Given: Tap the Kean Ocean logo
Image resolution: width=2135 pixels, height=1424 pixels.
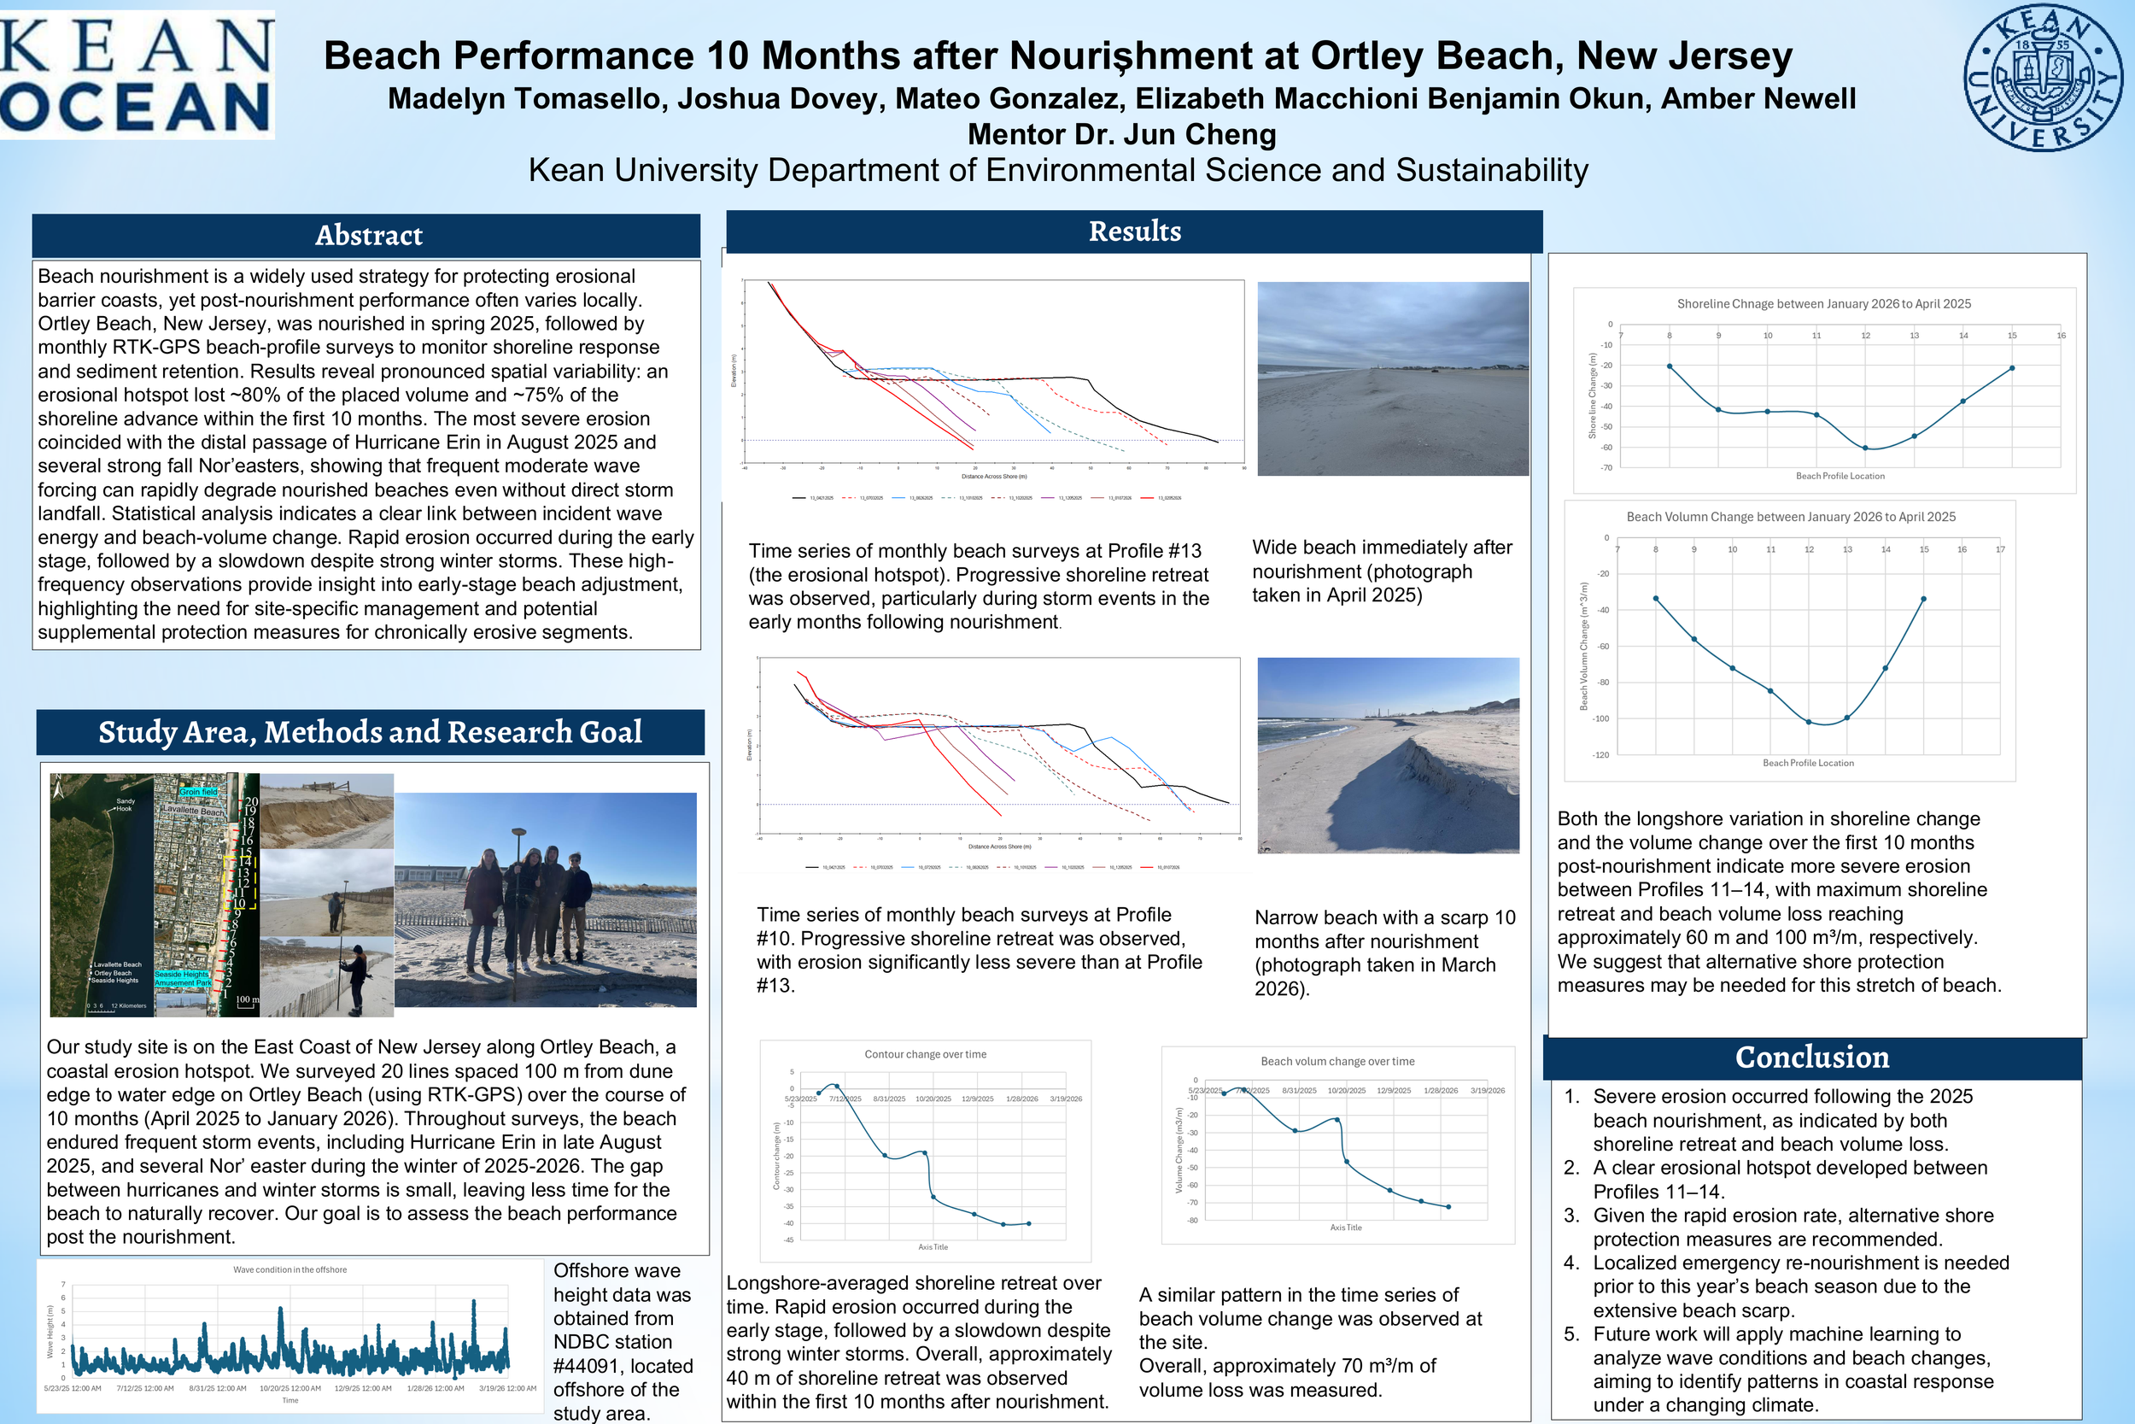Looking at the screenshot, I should (x=136, y=74).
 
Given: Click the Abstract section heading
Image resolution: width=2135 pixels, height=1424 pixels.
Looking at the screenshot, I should (x=369, y=235).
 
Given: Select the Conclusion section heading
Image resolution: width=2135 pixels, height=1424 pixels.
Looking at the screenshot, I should (x=1812, y=1057).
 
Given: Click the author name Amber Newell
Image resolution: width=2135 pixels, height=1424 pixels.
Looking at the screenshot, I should (x=1758, y=98).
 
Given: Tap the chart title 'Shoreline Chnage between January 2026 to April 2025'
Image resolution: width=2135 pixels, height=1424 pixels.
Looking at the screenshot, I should (x=1823, y=303).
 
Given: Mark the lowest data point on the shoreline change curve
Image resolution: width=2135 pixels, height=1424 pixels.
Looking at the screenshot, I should (x=1866, y=448).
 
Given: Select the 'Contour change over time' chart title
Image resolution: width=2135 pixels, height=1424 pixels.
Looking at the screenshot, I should (x=925, y=1054).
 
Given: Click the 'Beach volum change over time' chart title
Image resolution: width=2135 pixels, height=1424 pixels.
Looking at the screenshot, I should (x=1337, y=1061).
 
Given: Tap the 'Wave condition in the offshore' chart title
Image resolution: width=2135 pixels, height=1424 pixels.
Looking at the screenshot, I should (x=290, y=1269).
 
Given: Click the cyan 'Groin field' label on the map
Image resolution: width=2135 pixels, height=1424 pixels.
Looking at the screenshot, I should (x=199, y=792).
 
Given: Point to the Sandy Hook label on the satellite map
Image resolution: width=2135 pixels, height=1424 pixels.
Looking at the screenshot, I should (x=125, y=805).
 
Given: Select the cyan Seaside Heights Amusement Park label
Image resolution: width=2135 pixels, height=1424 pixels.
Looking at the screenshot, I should (x=183, y=978).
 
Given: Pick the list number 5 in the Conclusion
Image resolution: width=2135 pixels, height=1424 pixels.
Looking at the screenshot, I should (x=1572, y=1334).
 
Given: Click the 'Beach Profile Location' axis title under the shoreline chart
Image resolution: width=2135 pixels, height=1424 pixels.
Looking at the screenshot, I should (x=1840, y=476).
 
